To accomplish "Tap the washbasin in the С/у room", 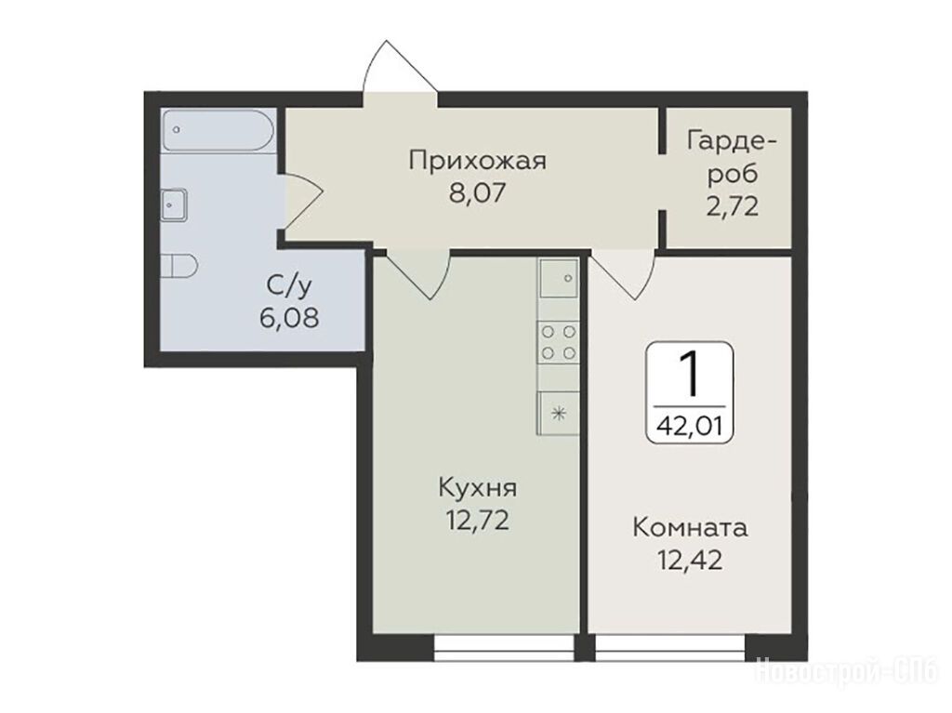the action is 174,205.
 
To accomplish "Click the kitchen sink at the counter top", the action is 559,278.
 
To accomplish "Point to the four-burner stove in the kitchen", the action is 558,342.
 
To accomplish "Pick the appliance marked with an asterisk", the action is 558,414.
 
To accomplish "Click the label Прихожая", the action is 478,161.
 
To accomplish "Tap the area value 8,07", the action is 477,193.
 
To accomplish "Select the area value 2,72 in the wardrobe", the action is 733,207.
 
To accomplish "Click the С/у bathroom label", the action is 289,285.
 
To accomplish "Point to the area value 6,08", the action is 289,317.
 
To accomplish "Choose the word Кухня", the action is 477,488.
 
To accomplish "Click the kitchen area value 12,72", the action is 477,521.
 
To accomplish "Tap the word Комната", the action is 691,528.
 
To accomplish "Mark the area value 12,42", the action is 691,560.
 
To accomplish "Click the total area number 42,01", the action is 690,427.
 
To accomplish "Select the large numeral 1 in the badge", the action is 688,375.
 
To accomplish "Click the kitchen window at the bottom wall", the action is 505,648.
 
